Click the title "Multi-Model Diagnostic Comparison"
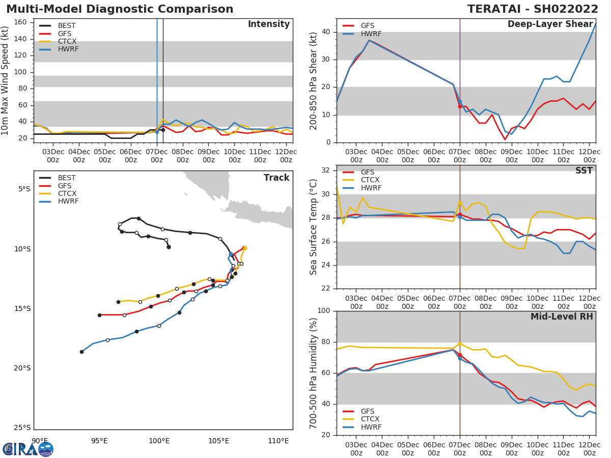(120, 9)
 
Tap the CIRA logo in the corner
(28, 449)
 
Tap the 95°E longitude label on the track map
(99, 441)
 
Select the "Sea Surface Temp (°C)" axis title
(314, 227)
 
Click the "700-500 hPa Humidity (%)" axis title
(314, 373)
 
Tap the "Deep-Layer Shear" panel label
(550, 24)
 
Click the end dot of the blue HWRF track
(81, 352)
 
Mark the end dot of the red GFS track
(99, 315)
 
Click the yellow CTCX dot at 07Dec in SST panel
(460, 203)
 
